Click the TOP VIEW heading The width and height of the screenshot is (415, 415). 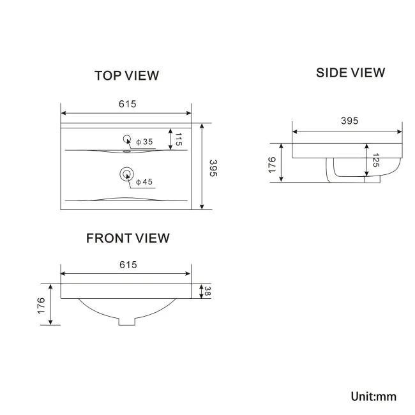coord(126,75)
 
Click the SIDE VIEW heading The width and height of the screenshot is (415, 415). coord(351,72)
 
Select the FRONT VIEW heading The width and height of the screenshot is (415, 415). coord(128,238)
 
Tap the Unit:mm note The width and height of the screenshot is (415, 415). coord(373,396)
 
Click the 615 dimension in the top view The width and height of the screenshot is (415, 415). coord(127,104)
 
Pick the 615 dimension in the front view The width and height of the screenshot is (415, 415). coord(128,264)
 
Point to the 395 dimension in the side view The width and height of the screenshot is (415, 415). coord(349,121)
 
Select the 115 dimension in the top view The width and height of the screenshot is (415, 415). coord(179,139)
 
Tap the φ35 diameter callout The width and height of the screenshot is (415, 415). coord(144,142)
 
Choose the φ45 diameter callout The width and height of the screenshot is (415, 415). coord(144,182)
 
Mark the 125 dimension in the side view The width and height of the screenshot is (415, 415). coord(375,160)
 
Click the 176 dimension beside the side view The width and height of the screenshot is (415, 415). coord(272,163)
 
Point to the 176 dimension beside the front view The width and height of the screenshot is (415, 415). coord(41,305)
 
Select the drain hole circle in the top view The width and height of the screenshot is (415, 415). coord(126,173)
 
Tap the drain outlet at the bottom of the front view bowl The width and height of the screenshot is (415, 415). coord(126,321)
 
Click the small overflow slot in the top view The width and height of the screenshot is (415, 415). coord(126,152)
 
